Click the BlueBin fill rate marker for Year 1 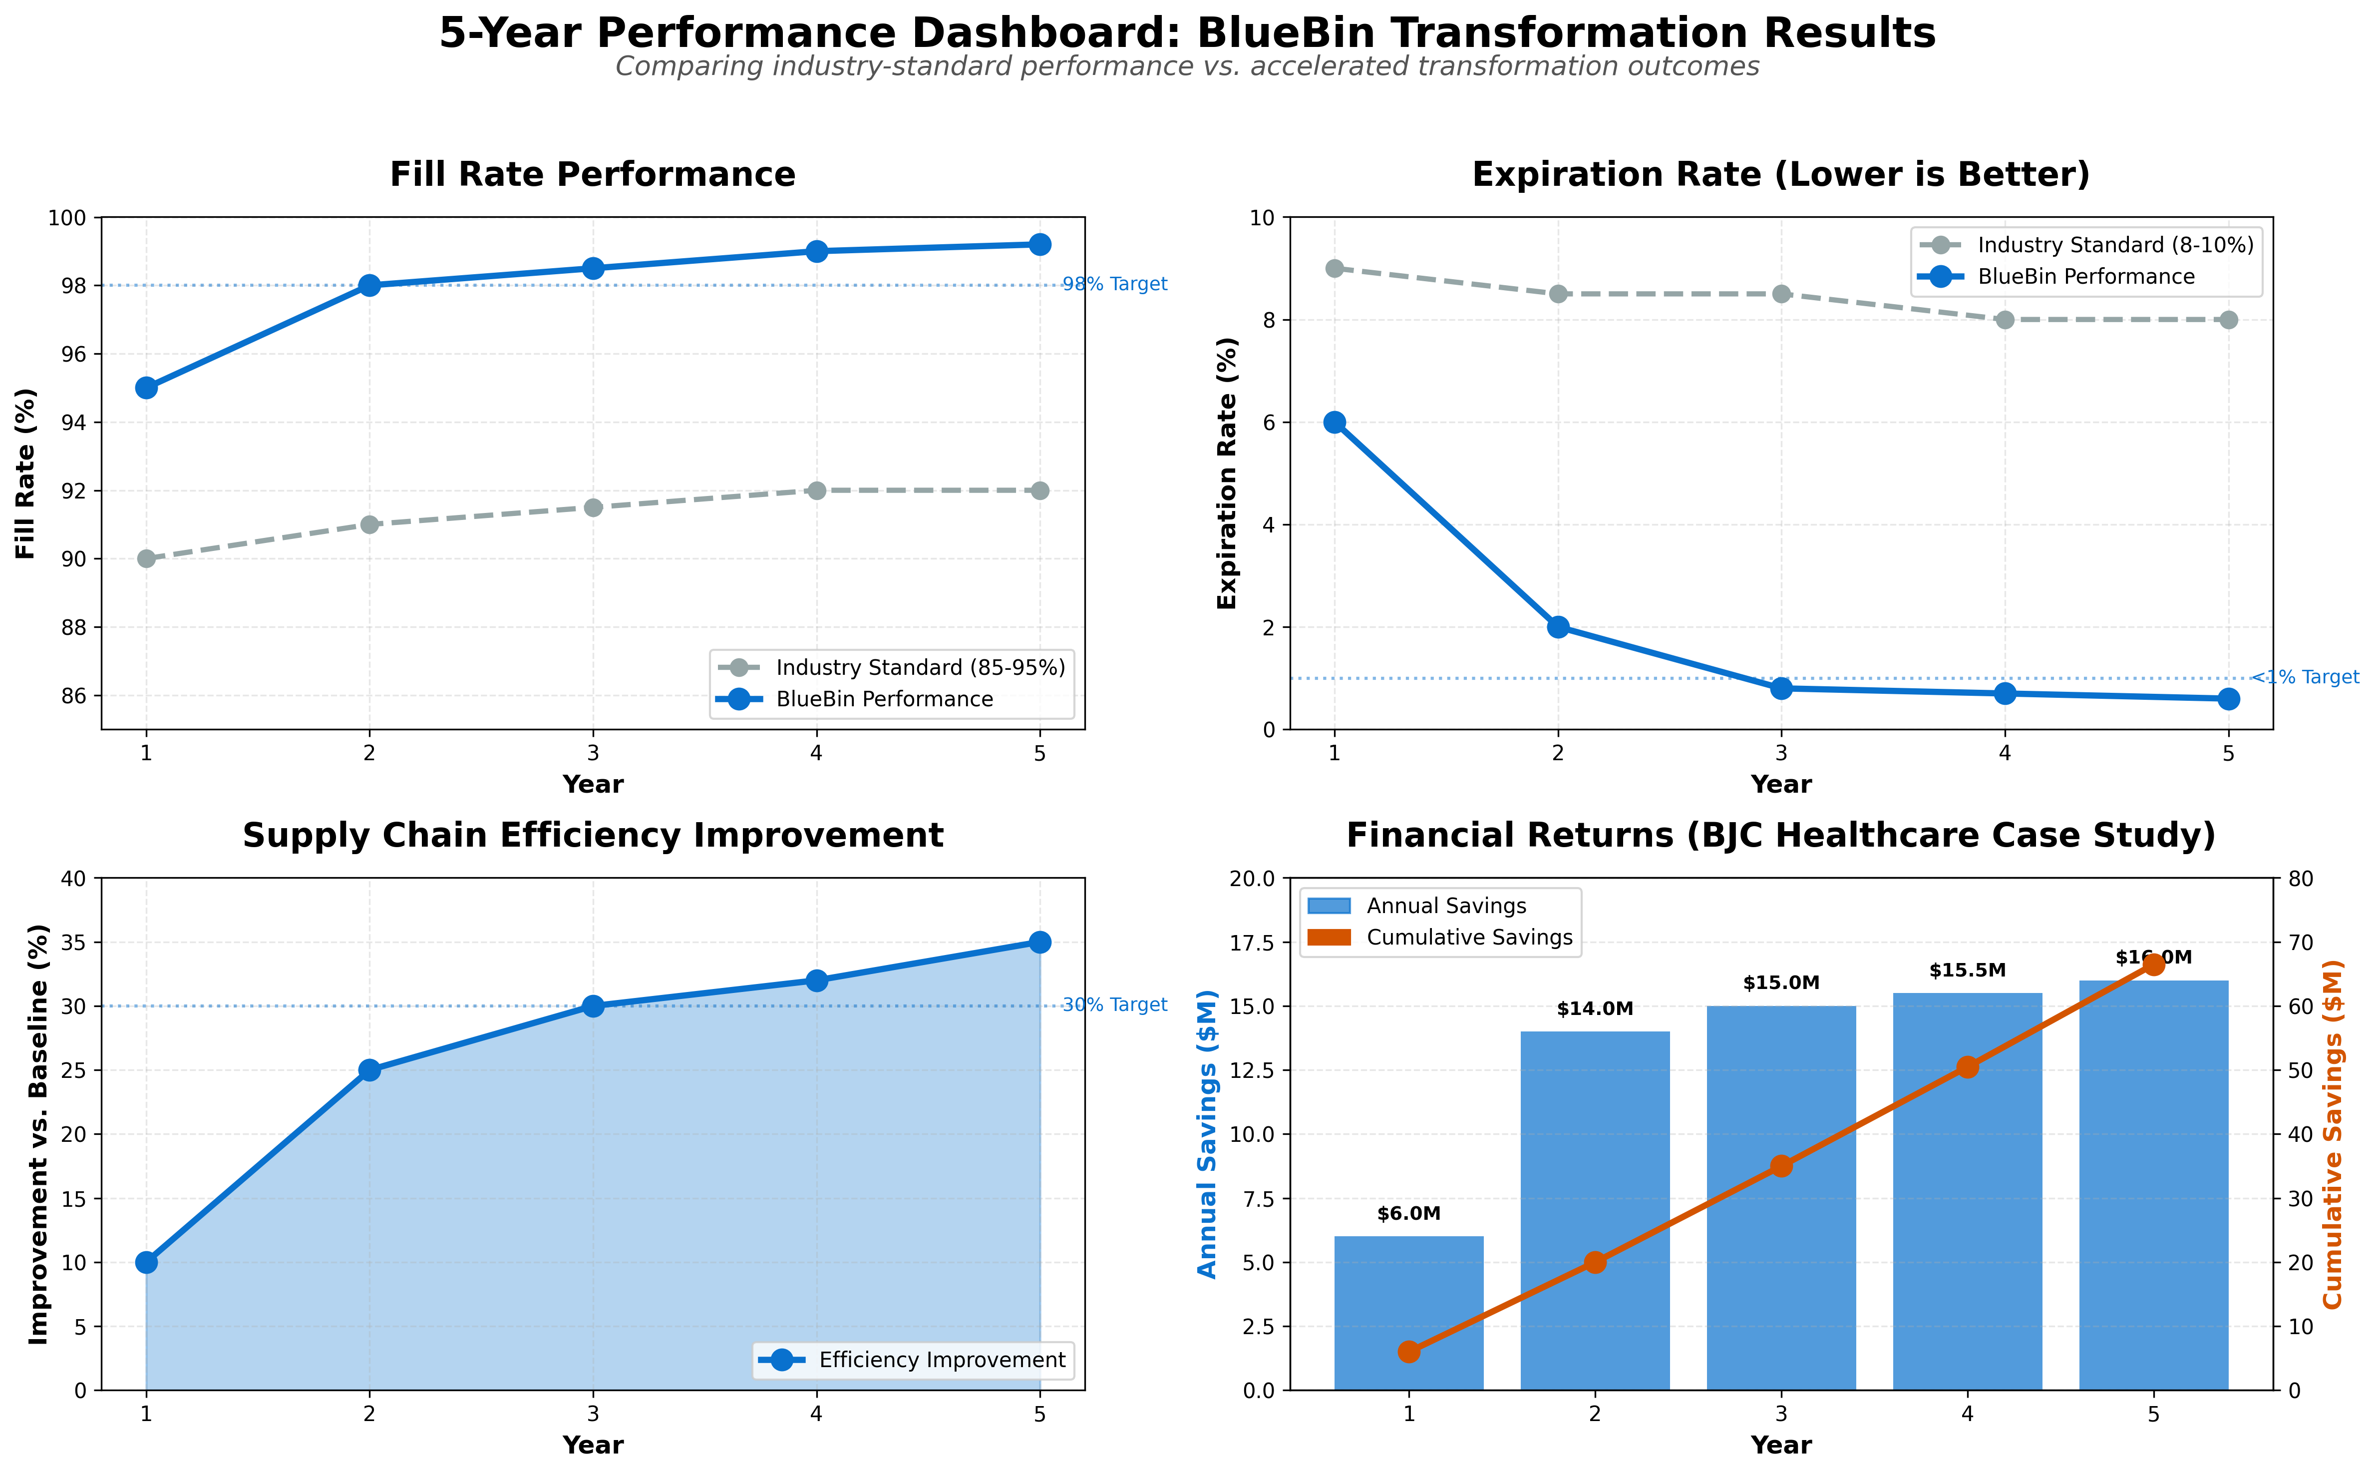tap(146, 388)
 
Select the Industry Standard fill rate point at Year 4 tap(816, 490)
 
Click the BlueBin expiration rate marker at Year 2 tap(1557, 626)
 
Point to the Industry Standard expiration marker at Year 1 tap(1334, 268)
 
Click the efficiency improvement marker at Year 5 tap(1039, 942)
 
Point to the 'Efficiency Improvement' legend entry tap(941, 1360)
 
